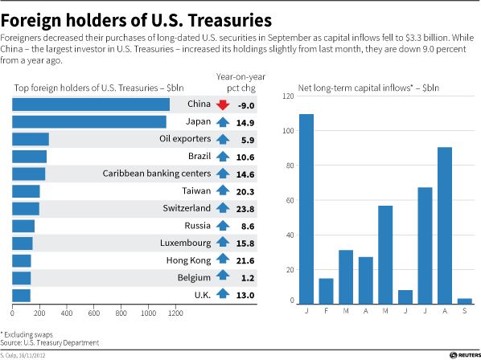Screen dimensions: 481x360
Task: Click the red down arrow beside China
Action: pos(223,104)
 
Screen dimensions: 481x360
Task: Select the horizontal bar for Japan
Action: pos(89,122)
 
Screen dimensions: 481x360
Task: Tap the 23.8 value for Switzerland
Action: pos(245,209)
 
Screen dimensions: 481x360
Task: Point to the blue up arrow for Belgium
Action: pos(223,275)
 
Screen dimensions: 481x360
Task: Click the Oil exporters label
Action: pos(185,139)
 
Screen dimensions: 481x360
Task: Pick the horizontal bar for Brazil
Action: pos(30,157)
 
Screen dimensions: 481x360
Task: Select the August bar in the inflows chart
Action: pos(445,226)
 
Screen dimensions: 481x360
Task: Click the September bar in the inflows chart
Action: pos(464,301)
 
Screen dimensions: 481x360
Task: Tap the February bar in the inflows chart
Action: pos(326,292)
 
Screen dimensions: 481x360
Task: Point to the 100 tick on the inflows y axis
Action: pos(288,131)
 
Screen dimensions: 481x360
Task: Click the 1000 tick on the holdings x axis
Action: pos(149,313)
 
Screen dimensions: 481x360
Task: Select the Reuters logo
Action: pos(465,355)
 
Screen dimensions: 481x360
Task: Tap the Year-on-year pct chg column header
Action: pos(240,83)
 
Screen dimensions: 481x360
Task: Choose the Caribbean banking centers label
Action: pos(157,174)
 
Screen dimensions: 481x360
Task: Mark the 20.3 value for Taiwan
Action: pos(245,192)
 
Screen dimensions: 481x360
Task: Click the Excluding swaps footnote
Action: pos(27,334)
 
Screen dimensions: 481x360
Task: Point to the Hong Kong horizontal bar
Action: pos(22,260)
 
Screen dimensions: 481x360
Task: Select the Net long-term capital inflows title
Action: pos(368,88)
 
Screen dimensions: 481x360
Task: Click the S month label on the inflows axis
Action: pos(465,311)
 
